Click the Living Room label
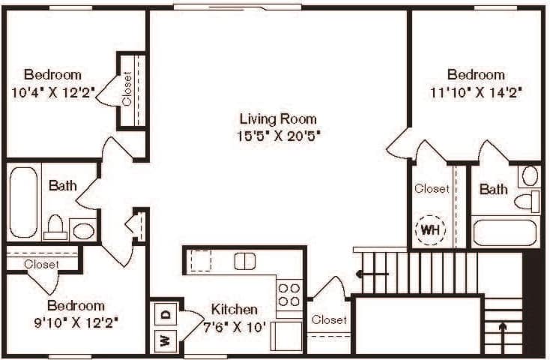pyautogui.click(x=278, y=118)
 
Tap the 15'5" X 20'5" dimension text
pyautogui.click(x=278, y=136)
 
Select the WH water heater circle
pyautogui.click(x=430, y=228)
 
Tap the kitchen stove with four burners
pyautogui.click(x=289, y=295)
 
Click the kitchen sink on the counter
pyautogui.click(x=245, y=261)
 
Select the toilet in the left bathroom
pyautogui.click(x=55, y=226)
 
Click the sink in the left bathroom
pyautogui.click(x=83, y=229)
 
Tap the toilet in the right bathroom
pyautogui.click(x=529, y=200)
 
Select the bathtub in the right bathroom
pyautogui.click(x=506, y=232)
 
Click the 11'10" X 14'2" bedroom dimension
pyautogui.click(x=476, y=93)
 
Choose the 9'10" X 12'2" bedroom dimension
pyautogui.click(x=75, y=323)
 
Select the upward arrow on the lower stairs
pyautogui.click(x=502, y=330)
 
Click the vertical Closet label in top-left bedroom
pyautogui.click(x=127, y=88)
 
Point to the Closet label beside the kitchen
pyautogui.click(x=330, y=320)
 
